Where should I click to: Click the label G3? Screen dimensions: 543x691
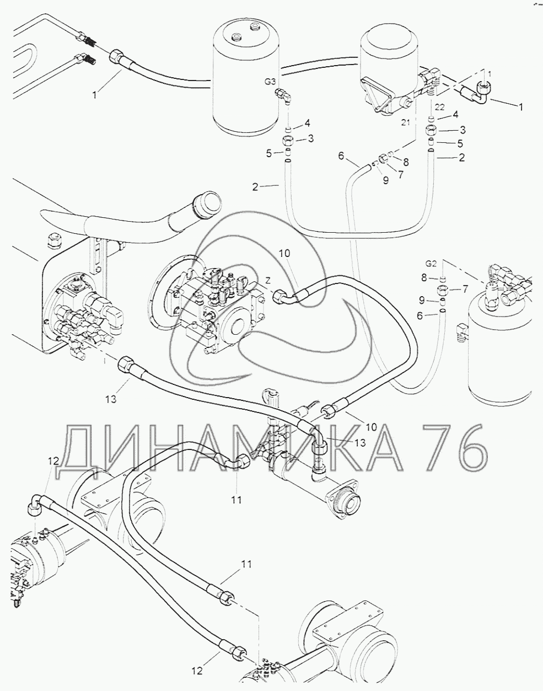pyautogui.click(x=270, y=82)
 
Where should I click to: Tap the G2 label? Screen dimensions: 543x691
pyautogui.click(x=431, y=264)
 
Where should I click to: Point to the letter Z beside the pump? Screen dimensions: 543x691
pyautogui.click(x=268, y=281)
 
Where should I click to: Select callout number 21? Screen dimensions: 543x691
pyautogui.click(x=406, y=122)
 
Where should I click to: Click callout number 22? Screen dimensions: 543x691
pyautogui.click(x=440, y=106)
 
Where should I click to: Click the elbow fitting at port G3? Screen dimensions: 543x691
pyautogui.click(x=284, y=96)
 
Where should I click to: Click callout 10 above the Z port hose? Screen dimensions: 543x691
pyautogui.click(x=284, y=253)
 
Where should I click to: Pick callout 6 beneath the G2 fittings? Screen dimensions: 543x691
pyautogui.click(x=420, y=316)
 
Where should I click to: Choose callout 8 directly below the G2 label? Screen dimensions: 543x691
pyautogui.click(x=424, y=278)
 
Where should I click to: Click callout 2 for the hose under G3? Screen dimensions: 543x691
pyautogui.click(x=255, y=187)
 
